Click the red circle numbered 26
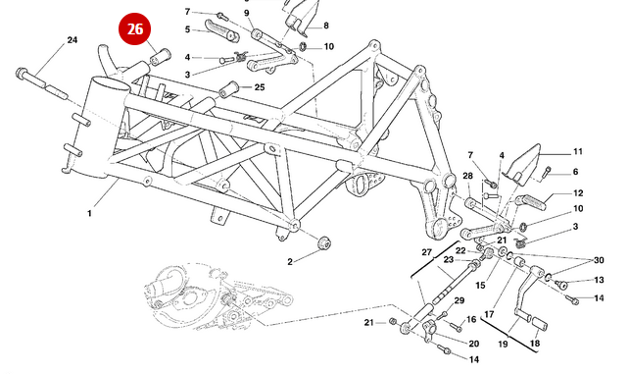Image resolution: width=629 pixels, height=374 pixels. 134,28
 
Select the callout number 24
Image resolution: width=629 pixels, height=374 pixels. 73,40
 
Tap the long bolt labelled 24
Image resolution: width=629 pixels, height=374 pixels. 42,84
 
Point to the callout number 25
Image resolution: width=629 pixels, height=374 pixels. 260,87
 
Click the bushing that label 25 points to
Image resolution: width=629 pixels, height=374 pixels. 228,88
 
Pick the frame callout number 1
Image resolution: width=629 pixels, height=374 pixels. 89,213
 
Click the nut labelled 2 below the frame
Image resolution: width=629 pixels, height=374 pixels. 324,243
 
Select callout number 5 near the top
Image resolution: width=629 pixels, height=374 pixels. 187,29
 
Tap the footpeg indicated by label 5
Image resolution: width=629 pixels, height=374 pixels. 222,31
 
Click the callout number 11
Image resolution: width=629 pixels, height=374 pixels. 578,151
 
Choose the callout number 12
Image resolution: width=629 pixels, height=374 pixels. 578,193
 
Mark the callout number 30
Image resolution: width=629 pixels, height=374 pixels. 599,260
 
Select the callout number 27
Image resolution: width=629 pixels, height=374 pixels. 426,252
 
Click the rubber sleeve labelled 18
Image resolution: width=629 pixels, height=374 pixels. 539,323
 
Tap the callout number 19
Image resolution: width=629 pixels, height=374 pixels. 503,344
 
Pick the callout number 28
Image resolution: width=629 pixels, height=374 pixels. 467,176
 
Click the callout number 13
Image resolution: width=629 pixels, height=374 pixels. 599,280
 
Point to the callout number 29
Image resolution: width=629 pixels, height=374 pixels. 460,300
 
